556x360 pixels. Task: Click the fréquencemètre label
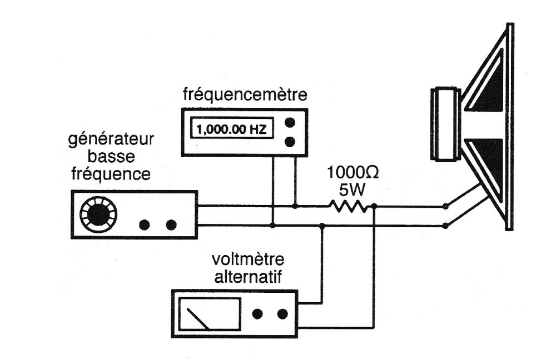pyautogui.click(x=245, y=96)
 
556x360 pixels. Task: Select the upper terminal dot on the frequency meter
pyautogui.click(x=289, y=122)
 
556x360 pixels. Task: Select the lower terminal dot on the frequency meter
pyautogui.click(x=289, y=142)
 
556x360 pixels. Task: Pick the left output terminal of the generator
pyautogui.click(x=145, y=224)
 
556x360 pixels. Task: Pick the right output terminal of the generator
pyautogui.click(x=171, y=224)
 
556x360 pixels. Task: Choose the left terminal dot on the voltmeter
pyautogui.click(x=257, y=314)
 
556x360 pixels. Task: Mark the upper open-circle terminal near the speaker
pyautogui.click(x=445, y=207)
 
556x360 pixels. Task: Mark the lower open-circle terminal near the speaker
pyautogui.click(x=445, y=226)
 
